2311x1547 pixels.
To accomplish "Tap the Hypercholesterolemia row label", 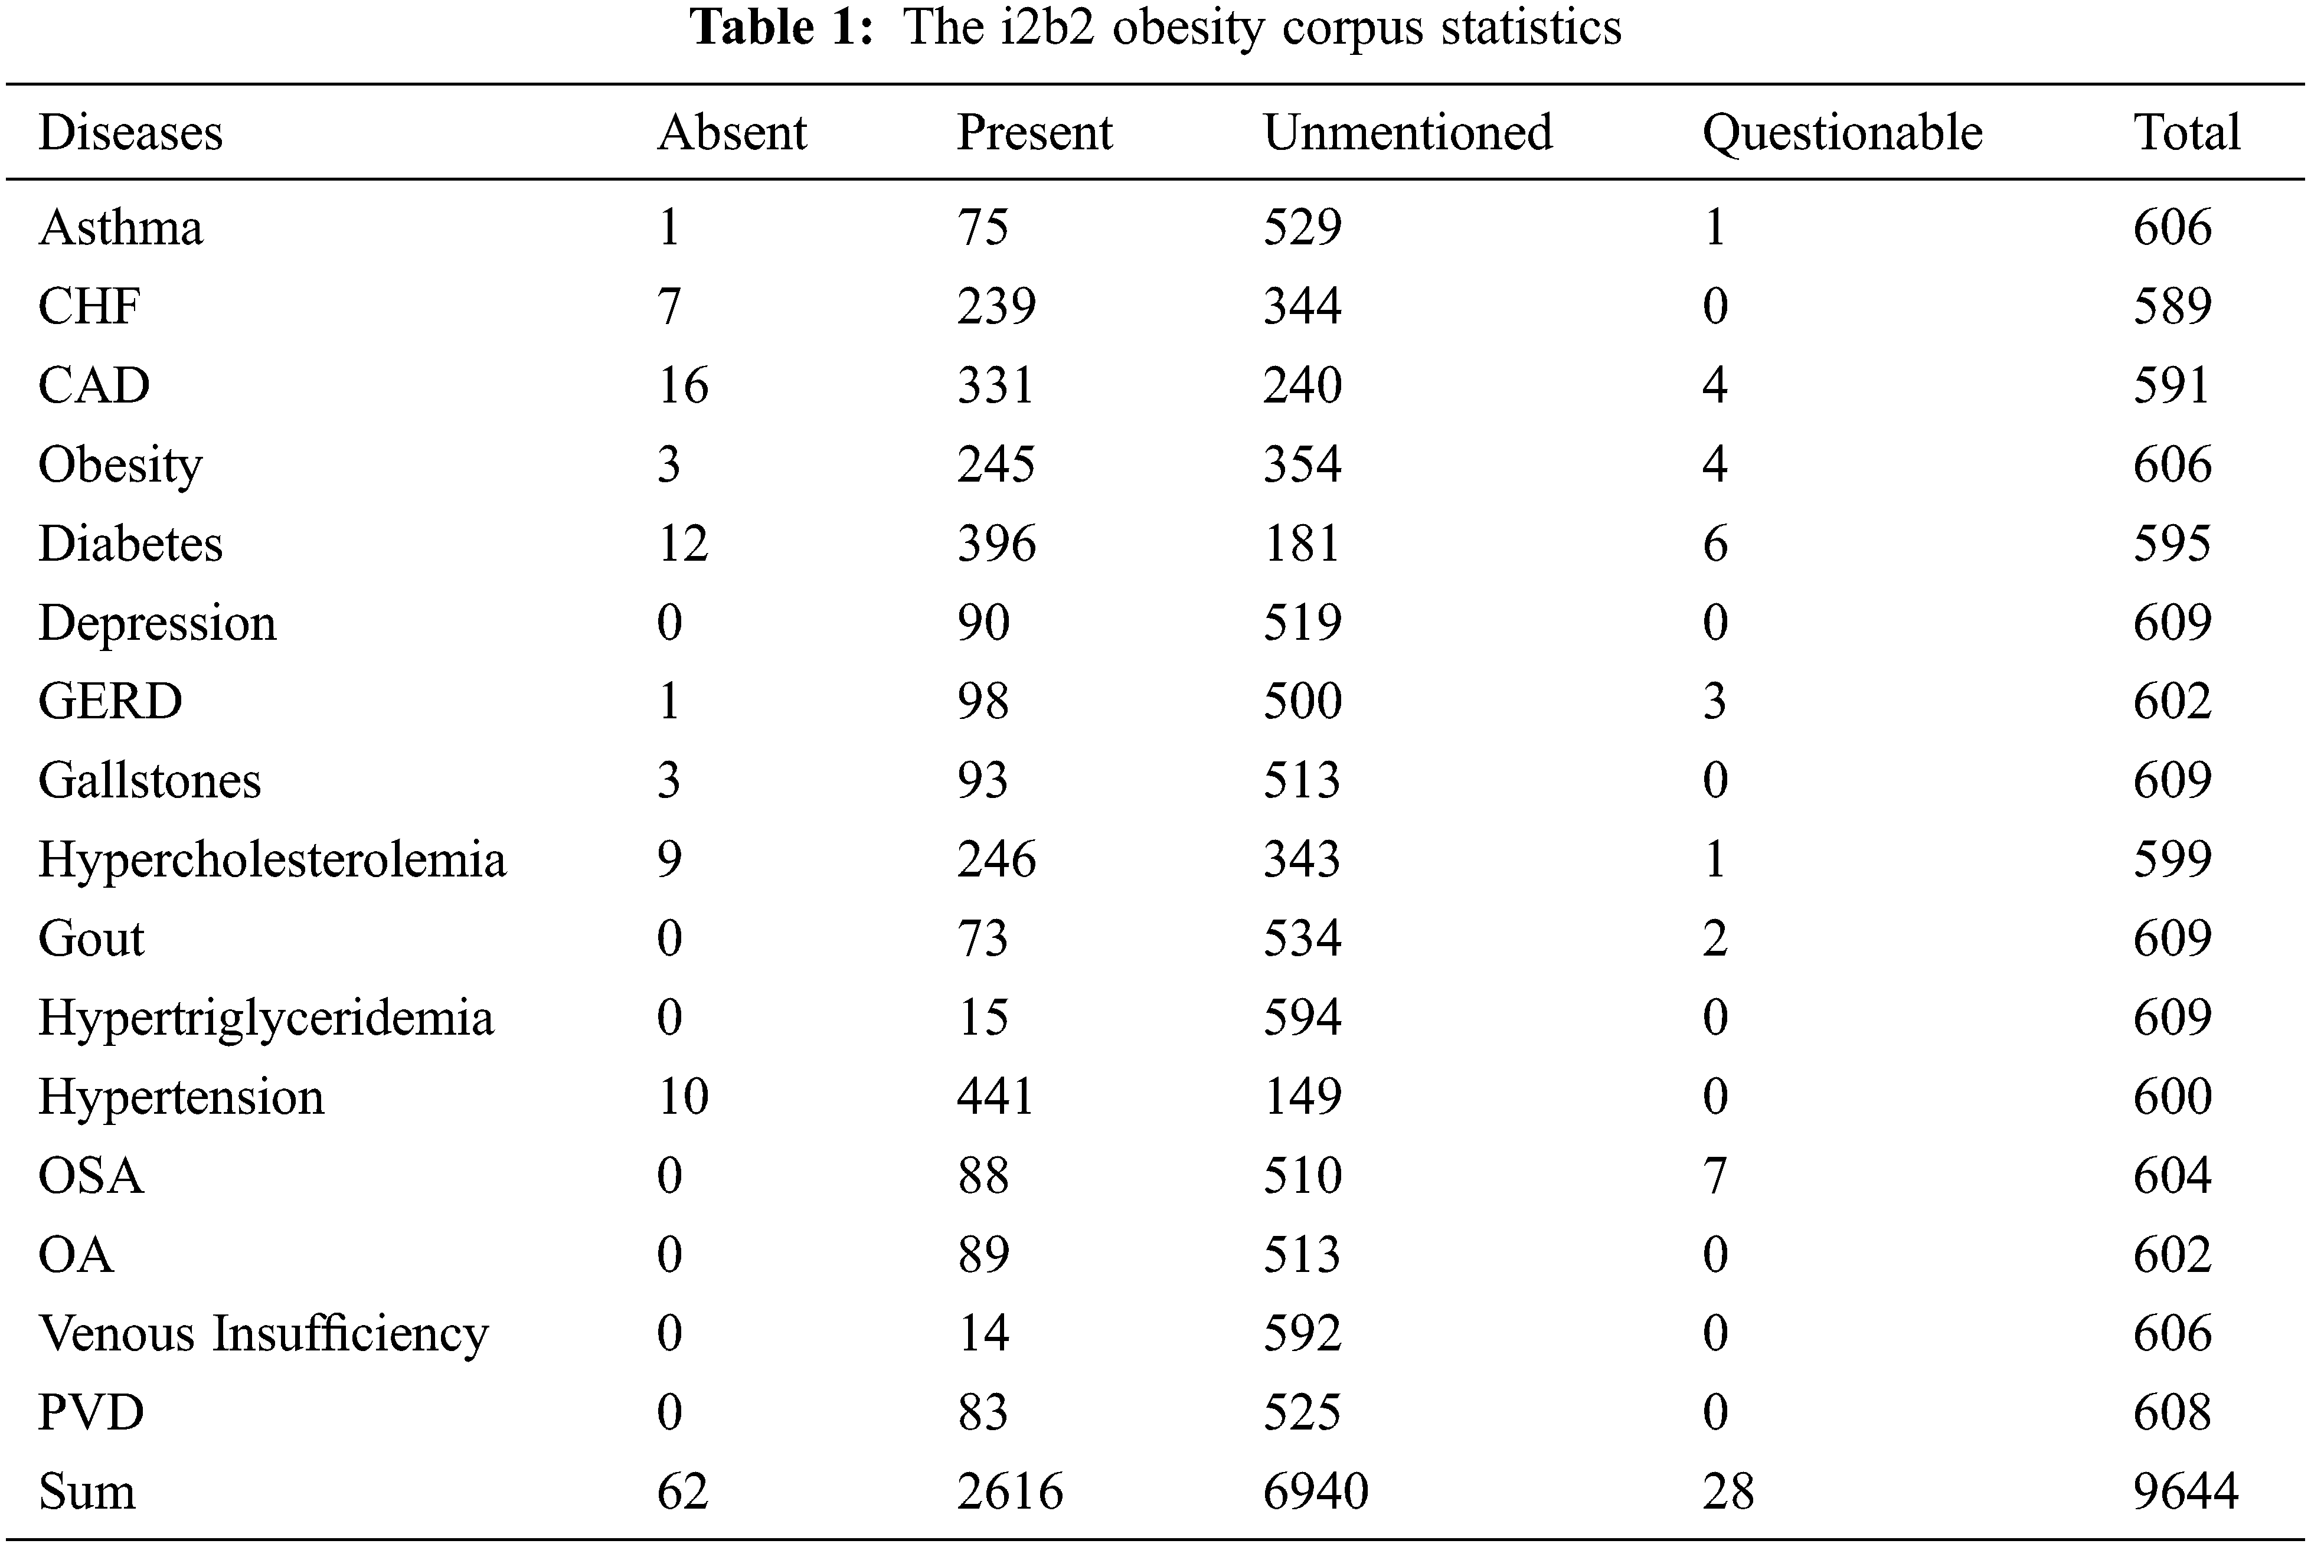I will tap(272, 859).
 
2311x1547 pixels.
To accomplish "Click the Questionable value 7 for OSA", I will tap(1715, 1175).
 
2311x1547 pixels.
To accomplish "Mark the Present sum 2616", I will tap(1009, 1491).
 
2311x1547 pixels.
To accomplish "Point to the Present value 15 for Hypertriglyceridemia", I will tap(983, 1017).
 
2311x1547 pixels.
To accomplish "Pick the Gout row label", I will tap(91, 938).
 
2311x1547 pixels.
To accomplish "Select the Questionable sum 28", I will tap(1728, 1491).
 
